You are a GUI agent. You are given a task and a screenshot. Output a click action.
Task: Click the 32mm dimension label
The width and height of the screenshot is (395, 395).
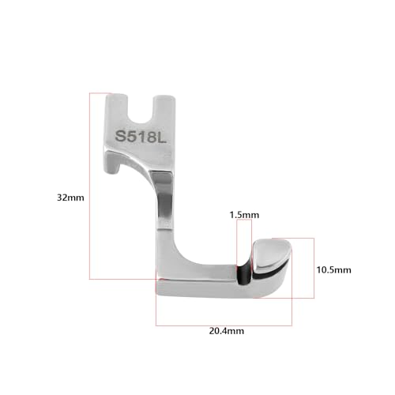70,197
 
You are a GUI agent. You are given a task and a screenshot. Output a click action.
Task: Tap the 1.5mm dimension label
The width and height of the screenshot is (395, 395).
244,215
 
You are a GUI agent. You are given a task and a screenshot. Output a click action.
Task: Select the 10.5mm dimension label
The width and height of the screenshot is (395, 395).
333,270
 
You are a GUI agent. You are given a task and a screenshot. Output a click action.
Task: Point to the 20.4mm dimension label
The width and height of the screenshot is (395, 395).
227,331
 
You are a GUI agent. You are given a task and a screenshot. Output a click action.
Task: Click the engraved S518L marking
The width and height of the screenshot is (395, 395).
141,137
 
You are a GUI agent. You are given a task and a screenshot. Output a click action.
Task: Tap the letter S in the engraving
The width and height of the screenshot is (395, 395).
121,136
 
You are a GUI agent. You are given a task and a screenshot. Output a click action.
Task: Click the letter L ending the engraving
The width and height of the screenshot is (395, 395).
162,137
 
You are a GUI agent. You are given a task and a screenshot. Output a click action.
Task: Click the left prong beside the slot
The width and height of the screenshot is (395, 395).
117,108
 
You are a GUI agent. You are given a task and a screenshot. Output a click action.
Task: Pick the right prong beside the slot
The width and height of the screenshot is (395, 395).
164,108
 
